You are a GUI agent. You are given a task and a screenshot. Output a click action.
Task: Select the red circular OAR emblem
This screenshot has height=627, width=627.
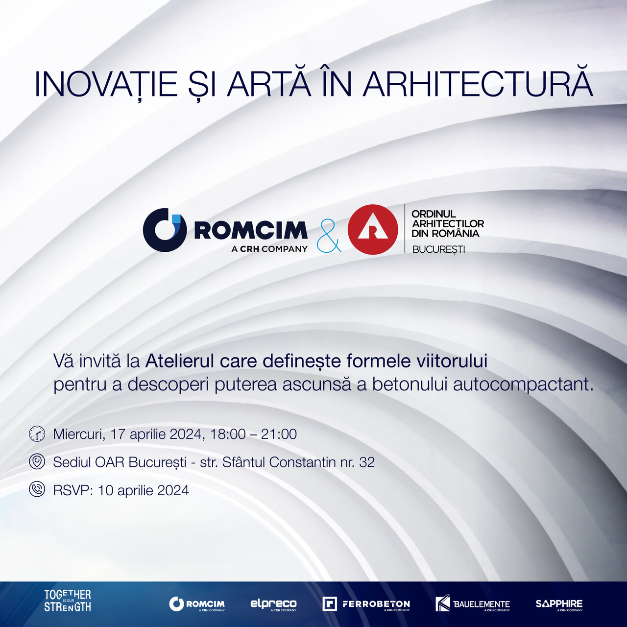point(373,229)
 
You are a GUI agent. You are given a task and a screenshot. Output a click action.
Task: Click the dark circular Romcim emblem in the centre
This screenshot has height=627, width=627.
point(164,230)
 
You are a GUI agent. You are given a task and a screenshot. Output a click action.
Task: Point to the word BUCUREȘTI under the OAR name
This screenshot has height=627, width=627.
point(438,249)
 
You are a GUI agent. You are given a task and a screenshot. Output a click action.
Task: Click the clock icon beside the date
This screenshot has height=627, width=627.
point(37,434)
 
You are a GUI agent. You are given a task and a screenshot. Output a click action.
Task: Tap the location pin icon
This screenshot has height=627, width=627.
point(37,462)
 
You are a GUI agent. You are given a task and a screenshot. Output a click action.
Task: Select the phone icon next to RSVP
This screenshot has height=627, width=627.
point(37,489)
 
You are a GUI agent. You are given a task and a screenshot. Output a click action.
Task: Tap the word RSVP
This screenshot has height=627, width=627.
point(73,490)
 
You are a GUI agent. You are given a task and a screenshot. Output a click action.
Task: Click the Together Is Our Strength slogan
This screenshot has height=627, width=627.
point(68,601)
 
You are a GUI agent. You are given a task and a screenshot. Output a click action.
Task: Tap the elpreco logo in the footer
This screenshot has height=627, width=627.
point(273,604)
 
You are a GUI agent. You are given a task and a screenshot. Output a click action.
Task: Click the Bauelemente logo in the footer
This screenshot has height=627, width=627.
point(473,603)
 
